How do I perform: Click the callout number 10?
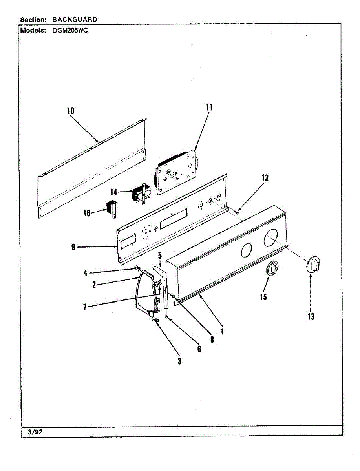[71, 111]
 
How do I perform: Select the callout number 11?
[209, 107]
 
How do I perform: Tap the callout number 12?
[265, 178]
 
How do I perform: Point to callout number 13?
[311, 316]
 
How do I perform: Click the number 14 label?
[114, 192]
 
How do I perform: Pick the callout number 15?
[263, 297]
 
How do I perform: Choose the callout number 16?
[87, 213]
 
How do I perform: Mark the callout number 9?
[74, 247]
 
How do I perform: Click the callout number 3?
[179, 361]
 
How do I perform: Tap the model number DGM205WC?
[70, 30]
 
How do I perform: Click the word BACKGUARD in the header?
[75, 19]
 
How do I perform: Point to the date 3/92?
[35, 432]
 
